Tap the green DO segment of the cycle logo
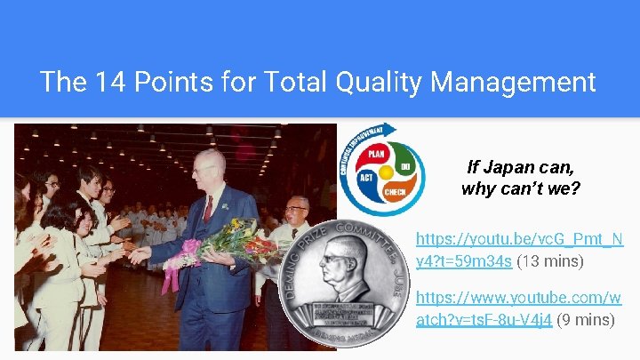click(405, 166)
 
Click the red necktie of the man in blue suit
click(208, 208)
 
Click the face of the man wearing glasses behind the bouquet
click(297, 214)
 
